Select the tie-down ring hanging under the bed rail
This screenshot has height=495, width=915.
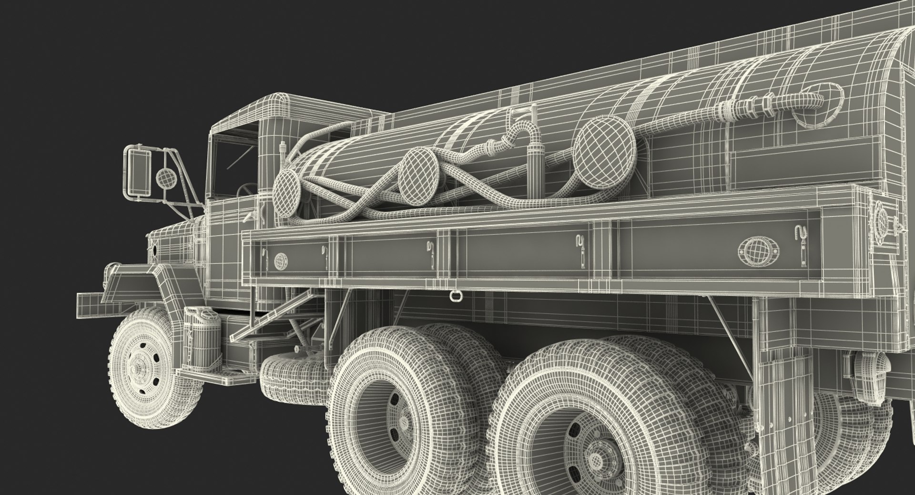coord(453,297)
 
